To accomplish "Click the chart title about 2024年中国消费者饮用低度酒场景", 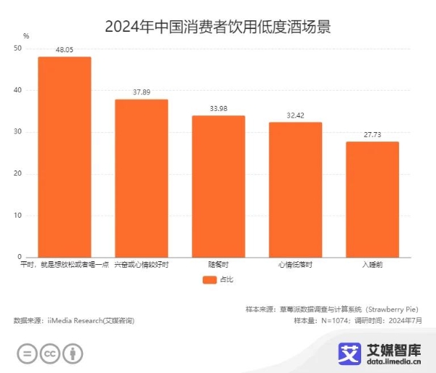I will click(218, 27).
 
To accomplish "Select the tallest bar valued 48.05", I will click(65, 157).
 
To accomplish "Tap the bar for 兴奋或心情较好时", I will click(142, 179).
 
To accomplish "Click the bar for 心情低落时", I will click(295, 189).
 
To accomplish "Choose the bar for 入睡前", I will click(372, 200).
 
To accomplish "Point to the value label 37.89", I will click(142, 92).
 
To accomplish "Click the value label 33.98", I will click(218, 109).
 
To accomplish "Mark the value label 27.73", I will click(372, 135).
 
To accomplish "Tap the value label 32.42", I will click(295, 115).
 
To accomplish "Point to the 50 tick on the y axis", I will click(18, 49).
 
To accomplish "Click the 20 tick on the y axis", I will click(18, 174).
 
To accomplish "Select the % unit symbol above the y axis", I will click(26, 36).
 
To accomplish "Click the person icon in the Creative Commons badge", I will click(73, 353).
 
